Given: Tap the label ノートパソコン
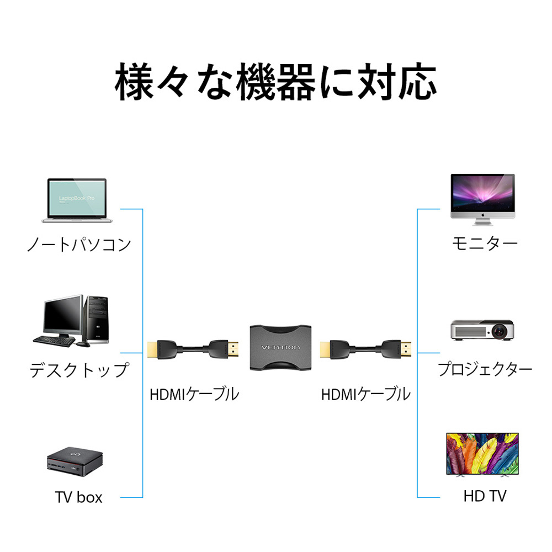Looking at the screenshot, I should coord(79,244).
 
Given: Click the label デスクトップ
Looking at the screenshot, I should coord(79,370).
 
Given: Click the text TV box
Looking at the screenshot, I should coord(79,497).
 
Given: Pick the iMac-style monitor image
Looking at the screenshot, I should coord(482,199).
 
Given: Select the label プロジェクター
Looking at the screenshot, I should coord(485,369).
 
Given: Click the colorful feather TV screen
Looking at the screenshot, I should coord(482,453).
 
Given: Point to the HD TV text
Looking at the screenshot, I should coord(484,496).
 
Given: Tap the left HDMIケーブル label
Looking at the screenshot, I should coord(194,394).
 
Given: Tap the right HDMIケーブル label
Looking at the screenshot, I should coord(365,394).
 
